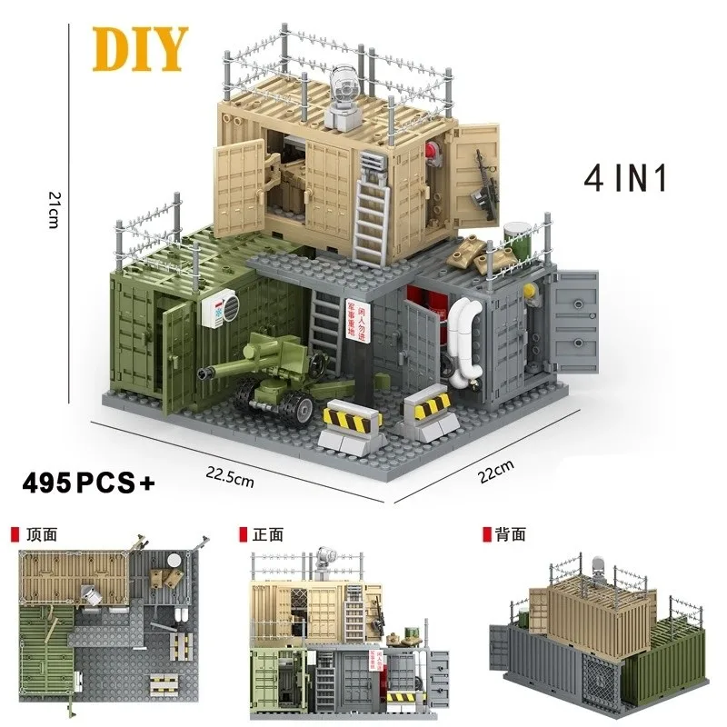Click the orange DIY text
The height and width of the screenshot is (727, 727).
point(139,49)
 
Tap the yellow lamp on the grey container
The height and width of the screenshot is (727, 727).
point(527,289)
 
